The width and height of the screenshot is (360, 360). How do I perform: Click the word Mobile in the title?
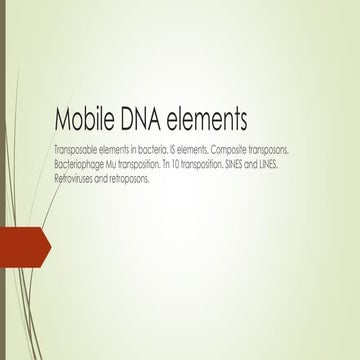point(85,121)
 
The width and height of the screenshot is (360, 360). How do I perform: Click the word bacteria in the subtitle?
point(151,147)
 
